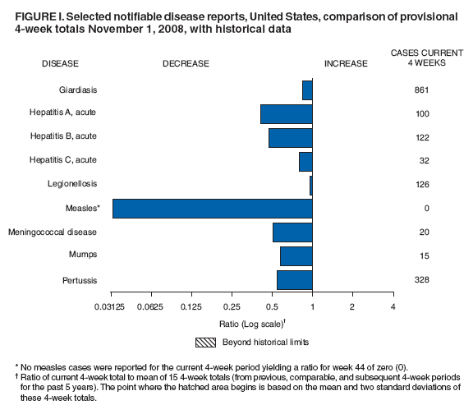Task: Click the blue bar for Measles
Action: (212, 209)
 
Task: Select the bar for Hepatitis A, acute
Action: (286, 114)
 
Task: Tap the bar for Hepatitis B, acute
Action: (290, 138)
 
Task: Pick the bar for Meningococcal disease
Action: (292, 232)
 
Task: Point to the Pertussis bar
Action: (294, 280)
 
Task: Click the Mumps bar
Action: (296, 256)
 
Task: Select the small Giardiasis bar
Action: (307, 90)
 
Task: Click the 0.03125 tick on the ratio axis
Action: (112, 306)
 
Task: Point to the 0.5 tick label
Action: (272, 306)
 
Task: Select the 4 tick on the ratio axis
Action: (393, 306)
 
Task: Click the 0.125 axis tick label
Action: (191, 306)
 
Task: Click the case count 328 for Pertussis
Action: (422, 280)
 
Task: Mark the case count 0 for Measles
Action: (426, 209)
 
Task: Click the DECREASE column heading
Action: (185, 63)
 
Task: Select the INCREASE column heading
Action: (346, 63)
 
